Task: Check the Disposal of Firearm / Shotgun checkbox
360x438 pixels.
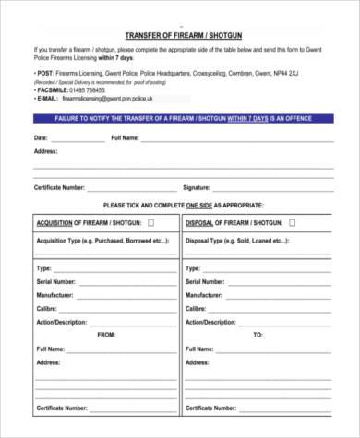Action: tap(292, 222)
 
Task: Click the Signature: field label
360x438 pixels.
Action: tap(198, 187)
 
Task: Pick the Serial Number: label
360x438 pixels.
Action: tap(55, 281)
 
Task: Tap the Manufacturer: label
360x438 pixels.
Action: tap(55, 295)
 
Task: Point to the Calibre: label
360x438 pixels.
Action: tap(47, 309)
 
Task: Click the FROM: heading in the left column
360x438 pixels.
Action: tap(105, 335)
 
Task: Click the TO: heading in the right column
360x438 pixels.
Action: tap(258, 335)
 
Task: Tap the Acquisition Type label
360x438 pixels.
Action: tap(89, 240)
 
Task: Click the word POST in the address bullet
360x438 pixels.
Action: tap(44, 70)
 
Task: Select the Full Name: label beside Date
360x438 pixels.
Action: tap(125, 137)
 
